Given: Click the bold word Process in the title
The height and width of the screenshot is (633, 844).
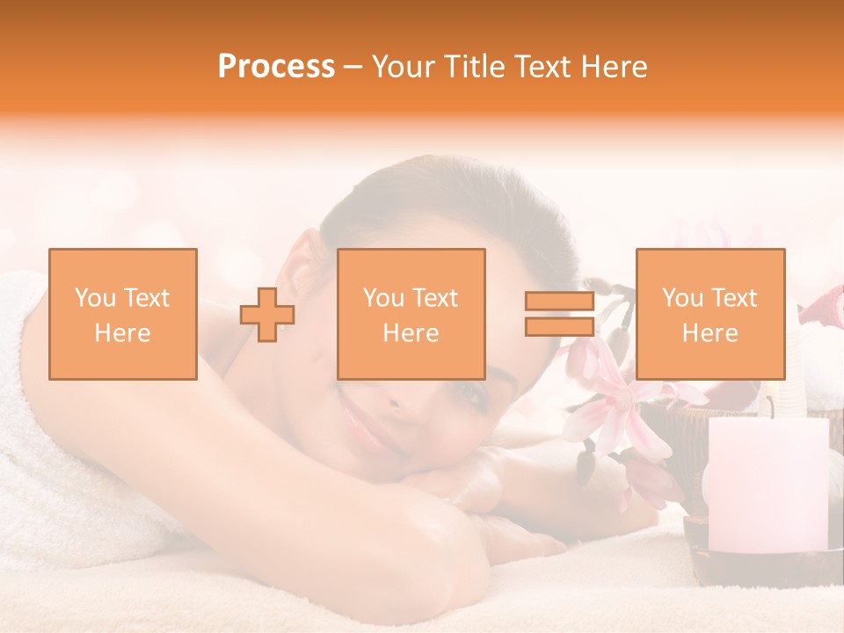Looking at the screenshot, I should pyautogui.click(x=276, y=66).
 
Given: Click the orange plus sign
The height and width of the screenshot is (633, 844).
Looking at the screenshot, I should pyautogui.click(x=267, y=314).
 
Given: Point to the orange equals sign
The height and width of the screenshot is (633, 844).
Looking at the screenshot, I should pyautogui.click(x=559, y=314).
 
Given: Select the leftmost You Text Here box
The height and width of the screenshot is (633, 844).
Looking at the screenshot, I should pyautogui.click(x=123, y=314).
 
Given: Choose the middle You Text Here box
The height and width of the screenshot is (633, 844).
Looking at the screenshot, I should pyautogui.click(x=411, y=314).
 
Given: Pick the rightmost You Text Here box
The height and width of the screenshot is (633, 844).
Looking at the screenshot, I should pyautogui.click(x=710, y=314).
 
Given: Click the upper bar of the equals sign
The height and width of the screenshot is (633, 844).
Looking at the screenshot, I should pyautogui.click(x=559, y=302).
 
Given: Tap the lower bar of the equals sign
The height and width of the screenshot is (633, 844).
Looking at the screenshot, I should pyautogui.click(x=559, y=326).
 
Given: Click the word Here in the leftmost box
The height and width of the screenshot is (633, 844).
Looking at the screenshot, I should pyautogui.click(x=123, y=333).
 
